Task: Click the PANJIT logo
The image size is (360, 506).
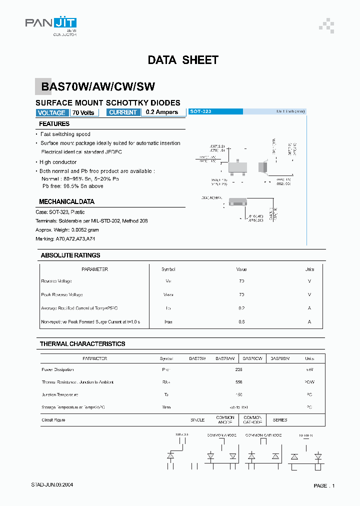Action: coord(51,24)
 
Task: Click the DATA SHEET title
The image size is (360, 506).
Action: coord(183,60)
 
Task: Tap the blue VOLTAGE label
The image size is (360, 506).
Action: coord(51,113)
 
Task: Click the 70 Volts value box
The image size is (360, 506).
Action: coord(83,113)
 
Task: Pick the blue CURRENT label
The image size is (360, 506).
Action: coord(122,112)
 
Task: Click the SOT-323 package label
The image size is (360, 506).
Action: coord(201,111)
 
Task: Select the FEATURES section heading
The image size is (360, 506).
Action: coord(54,124)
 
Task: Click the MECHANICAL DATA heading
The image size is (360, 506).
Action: coord(66,202)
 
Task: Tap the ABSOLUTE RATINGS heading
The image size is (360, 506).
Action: coord(70,255)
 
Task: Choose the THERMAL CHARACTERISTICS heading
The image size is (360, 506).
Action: coord(82,344)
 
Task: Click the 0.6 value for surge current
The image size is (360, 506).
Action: coord(241,322)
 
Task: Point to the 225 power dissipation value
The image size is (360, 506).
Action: coord(238,370)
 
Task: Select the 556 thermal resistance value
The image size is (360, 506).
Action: coord(238,382)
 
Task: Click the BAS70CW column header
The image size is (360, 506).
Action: coord(252,358)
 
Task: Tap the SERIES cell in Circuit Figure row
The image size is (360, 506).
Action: coord(280,420)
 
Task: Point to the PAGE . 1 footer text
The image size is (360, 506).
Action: coord(324,486)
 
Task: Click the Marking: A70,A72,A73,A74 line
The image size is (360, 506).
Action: coord(65,239)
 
